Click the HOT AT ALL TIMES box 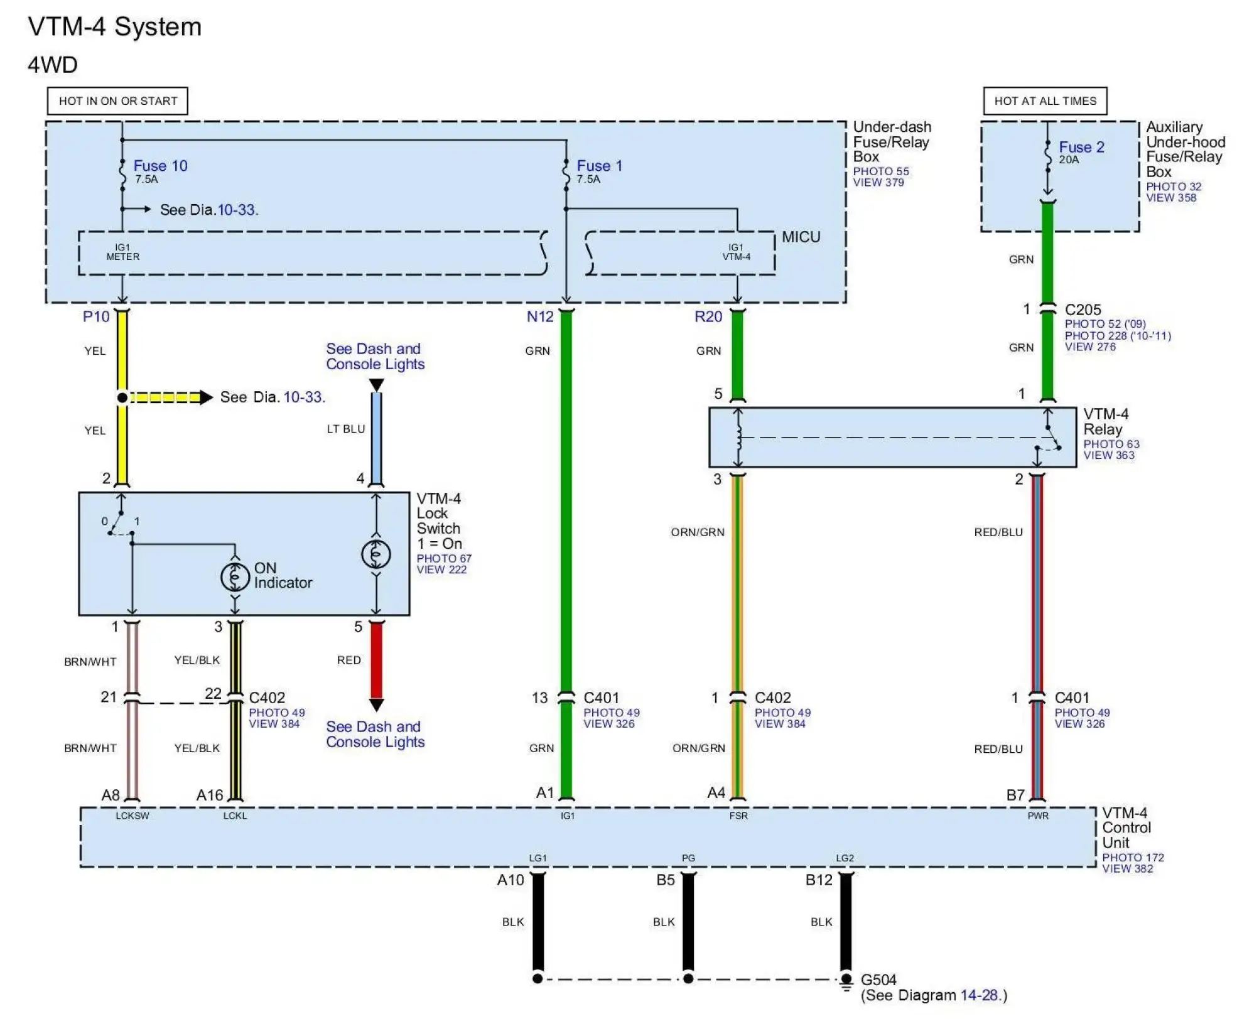[1044, 101]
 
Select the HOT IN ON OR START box [117, 101]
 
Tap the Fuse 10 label [160, 166]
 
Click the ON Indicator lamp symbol [235, 576]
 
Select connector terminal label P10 [96, 316]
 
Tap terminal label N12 [540, 316]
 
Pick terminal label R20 [708, 316]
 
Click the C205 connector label [1083, 310]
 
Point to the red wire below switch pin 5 [376, 659]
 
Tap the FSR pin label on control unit [738, 816]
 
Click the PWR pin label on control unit [1037, 816]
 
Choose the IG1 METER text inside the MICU [122, 252]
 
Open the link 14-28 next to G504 [978, 995]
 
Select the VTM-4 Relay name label [1105, 422]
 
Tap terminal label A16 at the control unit [210, 795]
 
